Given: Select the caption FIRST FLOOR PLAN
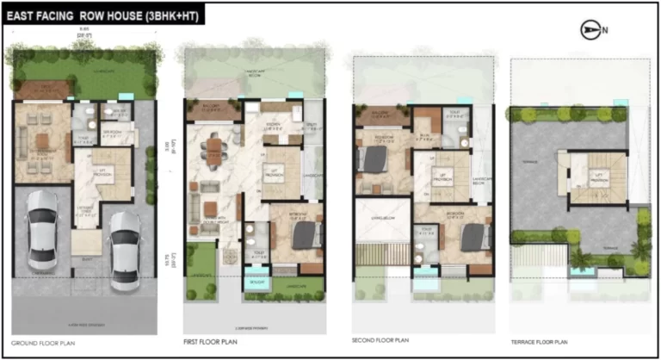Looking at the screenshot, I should click(x=212, y=341).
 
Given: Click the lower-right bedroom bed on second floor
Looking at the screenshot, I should click(x=470, y=234).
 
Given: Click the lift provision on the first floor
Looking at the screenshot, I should click(x=277, y=172).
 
